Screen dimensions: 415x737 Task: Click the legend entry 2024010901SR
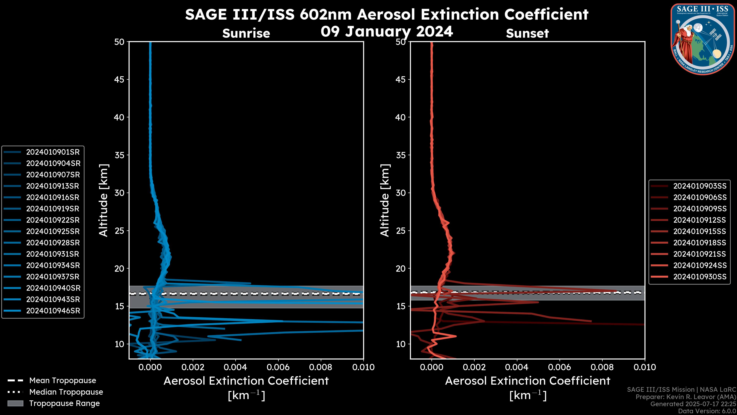[53, 152]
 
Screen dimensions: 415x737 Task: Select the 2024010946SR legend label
[53, 311]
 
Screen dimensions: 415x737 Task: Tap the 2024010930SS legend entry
[700, 277]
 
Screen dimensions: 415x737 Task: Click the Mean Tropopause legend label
[63, 380]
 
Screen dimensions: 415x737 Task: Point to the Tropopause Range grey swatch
[15, 403]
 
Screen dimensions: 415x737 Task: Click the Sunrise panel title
[246, 33]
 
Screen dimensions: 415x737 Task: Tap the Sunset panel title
[527, 33]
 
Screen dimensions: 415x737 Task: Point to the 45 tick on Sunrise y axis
[119, 79]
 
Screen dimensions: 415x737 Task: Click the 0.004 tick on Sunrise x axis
[235, 367]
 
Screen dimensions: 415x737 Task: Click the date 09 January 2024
[387, 32]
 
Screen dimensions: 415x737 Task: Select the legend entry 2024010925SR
[53, 231]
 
